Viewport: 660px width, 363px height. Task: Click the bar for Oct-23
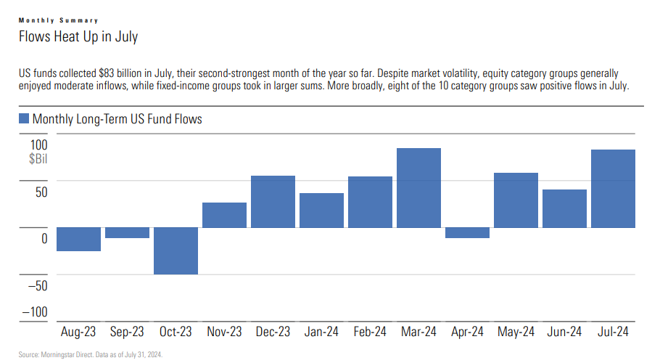(176, 250)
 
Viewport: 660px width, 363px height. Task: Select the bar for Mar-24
(418, 188)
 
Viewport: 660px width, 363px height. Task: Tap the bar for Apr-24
(467, 232)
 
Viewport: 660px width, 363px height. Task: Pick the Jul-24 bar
(613, 189)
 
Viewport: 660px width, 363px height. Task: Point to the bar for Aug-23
(78, 239)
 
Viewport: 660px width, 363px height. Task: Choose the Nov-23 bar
(224, 215)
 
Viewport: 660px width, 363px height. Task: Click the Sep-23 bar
(127, 232)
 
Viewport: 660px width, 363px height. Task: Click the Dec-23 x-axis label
(273, 332)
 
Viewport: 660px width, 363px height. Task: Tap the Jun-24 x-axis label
(564, 332)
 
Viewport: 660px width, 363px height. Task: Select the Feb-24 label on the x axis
(370, 332)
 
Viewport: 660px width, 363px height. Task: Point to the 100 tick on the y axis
(38, 144)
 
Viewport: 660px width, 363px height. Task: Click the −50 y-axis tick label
(36, 285)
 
